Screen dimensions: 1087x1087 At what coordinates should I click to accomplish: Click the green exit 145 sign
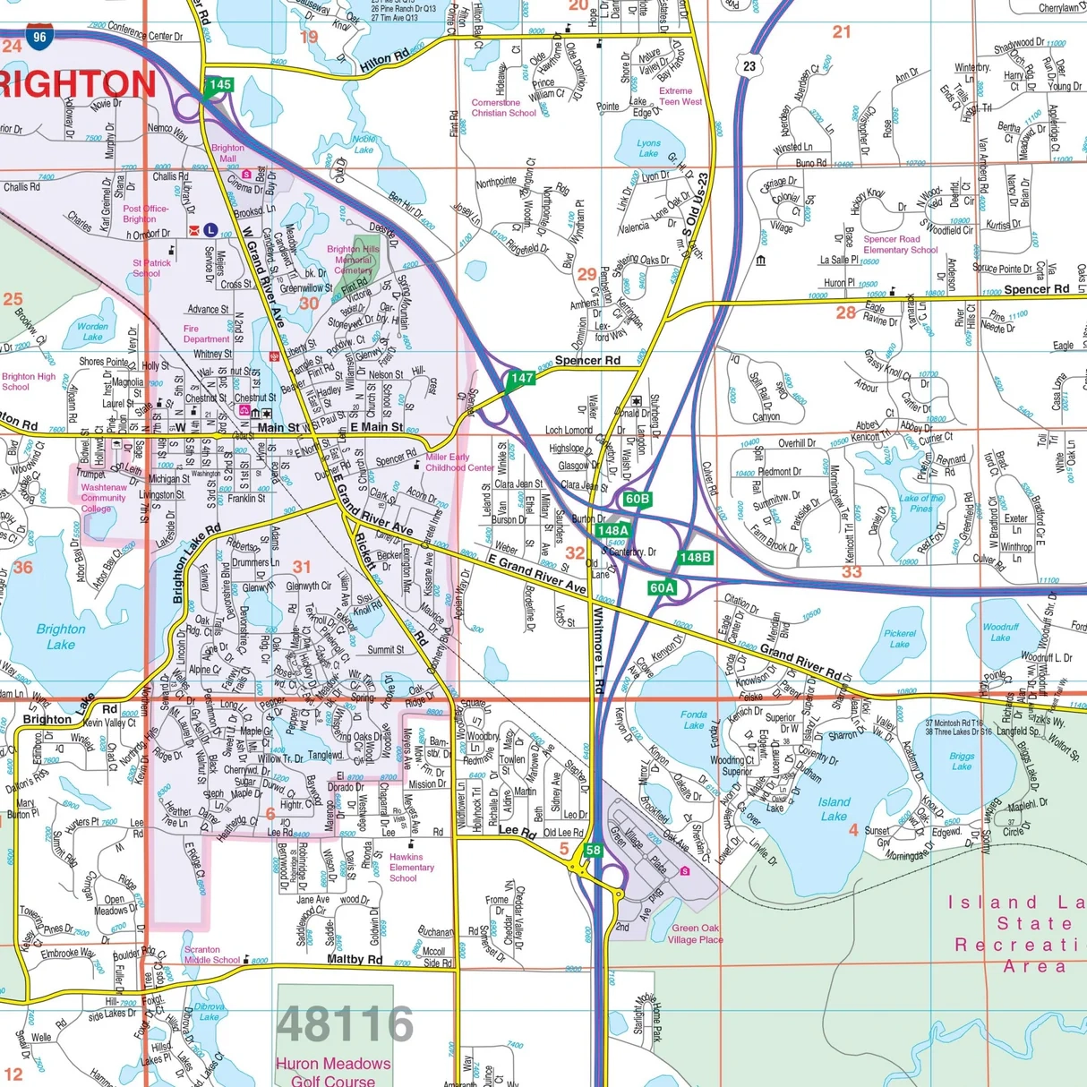tap(218, 85)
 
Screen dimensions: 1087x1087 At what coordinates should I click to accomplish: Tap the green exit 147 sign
tap(521, 378)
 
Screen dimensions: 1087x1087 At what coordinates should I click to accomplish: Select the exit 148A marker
tap(612, 530)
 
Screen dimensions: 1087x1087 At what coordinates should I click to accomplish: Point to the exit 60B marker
tap(637, 499)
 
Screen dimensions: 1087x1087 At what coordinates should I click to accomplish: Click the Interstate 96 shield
tap(39, 38)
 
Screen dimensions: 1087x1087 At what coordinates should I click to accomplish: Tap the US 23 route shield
tap(749, 65)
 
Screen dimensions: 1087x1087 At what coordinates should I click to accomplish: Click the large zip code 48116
tap(345, 1024)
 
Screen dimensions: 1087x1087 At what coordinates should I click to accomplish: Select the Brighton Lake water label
tap(61, 637)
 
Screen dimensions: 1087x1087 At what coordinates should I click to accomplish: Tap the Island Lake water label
tap(834, 809)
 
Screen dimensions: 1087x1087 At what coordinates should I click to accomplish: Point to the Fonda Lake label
tap(694, 720)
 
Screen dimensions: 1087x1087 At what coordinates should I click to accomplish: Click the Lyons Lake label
tap(648, 148)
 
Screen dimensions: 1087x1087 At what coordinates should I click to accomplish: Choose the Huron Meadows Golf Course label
tap(333, 1072)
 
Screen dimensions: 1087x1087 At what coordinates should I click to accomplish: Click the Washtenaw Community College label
tap(103, 498)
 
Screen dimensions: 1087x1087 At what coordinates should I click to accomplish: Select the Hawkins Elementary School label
tap(411, 867)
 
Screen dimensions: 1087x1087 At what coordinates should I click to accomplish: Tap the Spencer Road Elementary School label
tap(899, 244)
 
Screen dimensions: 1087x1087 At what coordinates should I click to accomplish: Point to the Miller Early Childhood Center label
tap(459, 462)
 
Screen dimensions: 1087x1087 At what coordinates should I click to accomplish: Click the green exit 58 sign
tap(593, 851)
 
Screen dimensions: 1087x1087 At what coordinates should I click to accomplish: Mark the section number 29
tap(586, 275)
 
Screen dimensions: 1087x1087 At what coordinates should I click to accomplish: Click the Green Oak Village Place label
tap(697, 934)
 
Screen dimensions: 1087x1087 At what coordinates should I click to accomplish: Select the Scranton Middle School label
tap(212, 954)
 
